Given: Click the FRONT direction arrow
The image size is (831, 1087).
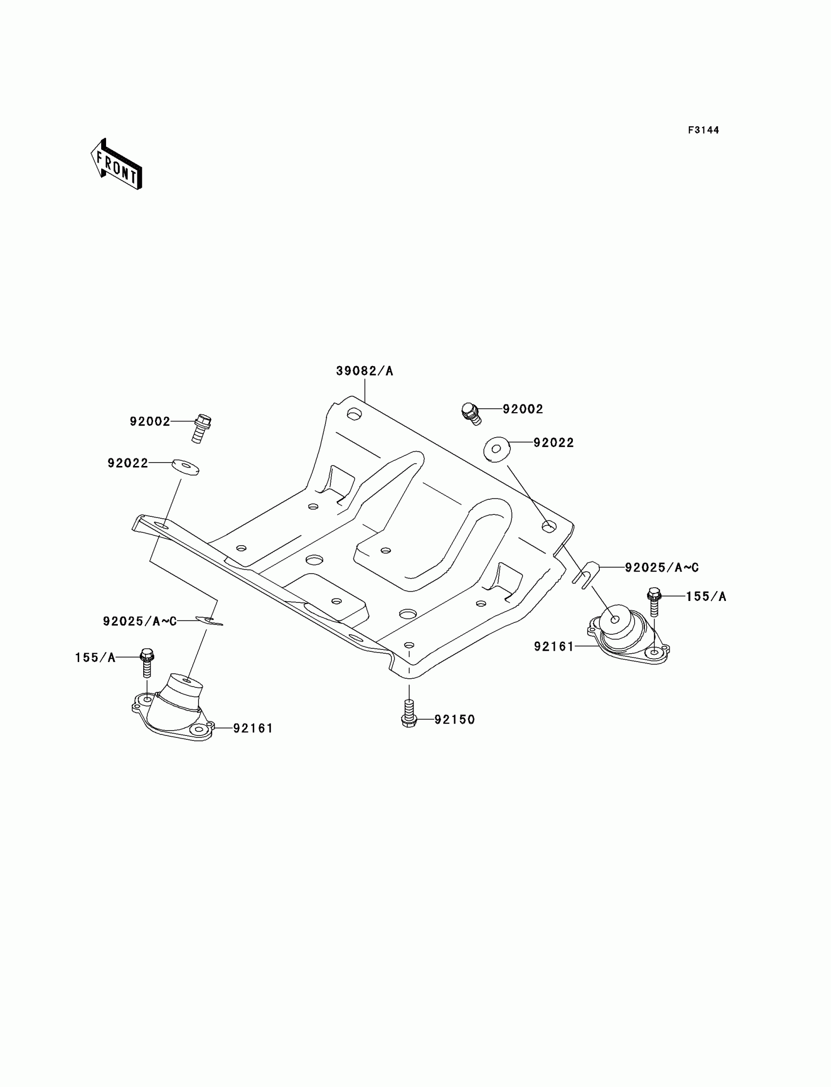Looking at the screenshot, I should [x=117, y=165].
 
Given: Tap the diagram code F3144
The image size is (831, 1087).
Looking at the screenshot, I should [x=703, y=130].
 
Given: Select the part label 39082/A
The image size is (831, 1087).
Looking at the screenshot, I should [x=365, y=371].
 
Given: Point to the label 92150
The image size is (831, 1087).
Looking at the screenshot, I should [x=455, y=719].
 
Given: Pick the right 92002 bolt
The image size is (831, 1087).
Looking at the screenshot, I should [x=471, y=414].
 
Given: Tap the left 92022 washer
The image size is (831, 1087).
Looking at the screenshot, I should [x=185, y=466].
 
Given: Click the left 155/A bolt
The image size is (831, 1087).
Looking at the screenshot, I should [x=147, y=663].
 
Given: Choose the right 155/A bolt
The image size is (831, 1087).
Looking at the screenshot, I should [x=654, y=600].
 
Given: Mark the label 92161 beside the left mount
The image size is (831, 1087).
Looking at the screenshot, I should [x=253, y=728].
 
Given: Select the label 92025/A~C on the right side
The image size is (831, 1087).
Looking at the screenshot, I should [x=661, y=568].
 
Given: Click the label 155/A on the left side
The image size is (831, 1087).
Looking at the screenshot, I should [x=95, y=658].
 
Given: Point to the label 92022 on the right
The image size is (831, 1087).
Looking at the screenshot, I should [x=553, y=443].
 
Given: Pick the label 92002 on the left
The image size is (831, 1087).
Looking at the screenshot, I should [x=150, y=421].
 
